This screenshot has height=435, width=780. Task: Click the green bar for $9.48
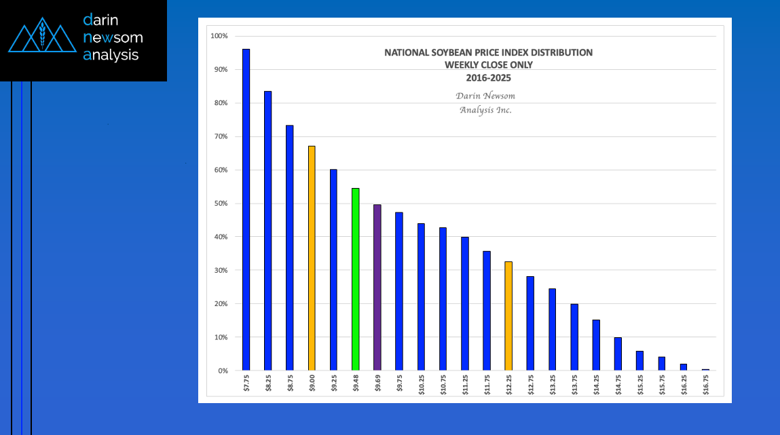(355, 279)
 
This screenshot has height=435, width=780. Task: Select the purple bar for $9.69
(377, 287)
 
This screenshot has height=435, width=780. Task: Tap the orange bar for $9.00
(312, 258)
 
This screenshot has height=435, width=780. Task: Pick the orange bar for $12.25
(508, 316)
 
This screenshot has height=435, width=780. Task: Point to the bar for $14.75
(618, 354)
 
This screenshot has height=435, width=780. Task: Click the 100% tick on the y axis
(220, 36)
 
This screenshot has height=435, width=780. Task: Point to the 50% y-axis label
(221, 204)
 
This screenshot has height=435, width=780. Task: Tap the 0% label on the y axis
(223, 371)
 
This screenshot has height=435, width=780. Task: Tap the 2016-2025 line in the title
(488, 77)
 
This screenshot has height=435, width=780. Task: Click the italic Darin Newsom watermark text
(485, 96)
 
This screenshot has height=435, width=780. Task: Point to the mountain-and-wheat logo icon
(42, 37)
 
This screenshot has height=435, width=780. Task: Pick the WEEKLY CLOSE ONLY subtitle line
(488, 65)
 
